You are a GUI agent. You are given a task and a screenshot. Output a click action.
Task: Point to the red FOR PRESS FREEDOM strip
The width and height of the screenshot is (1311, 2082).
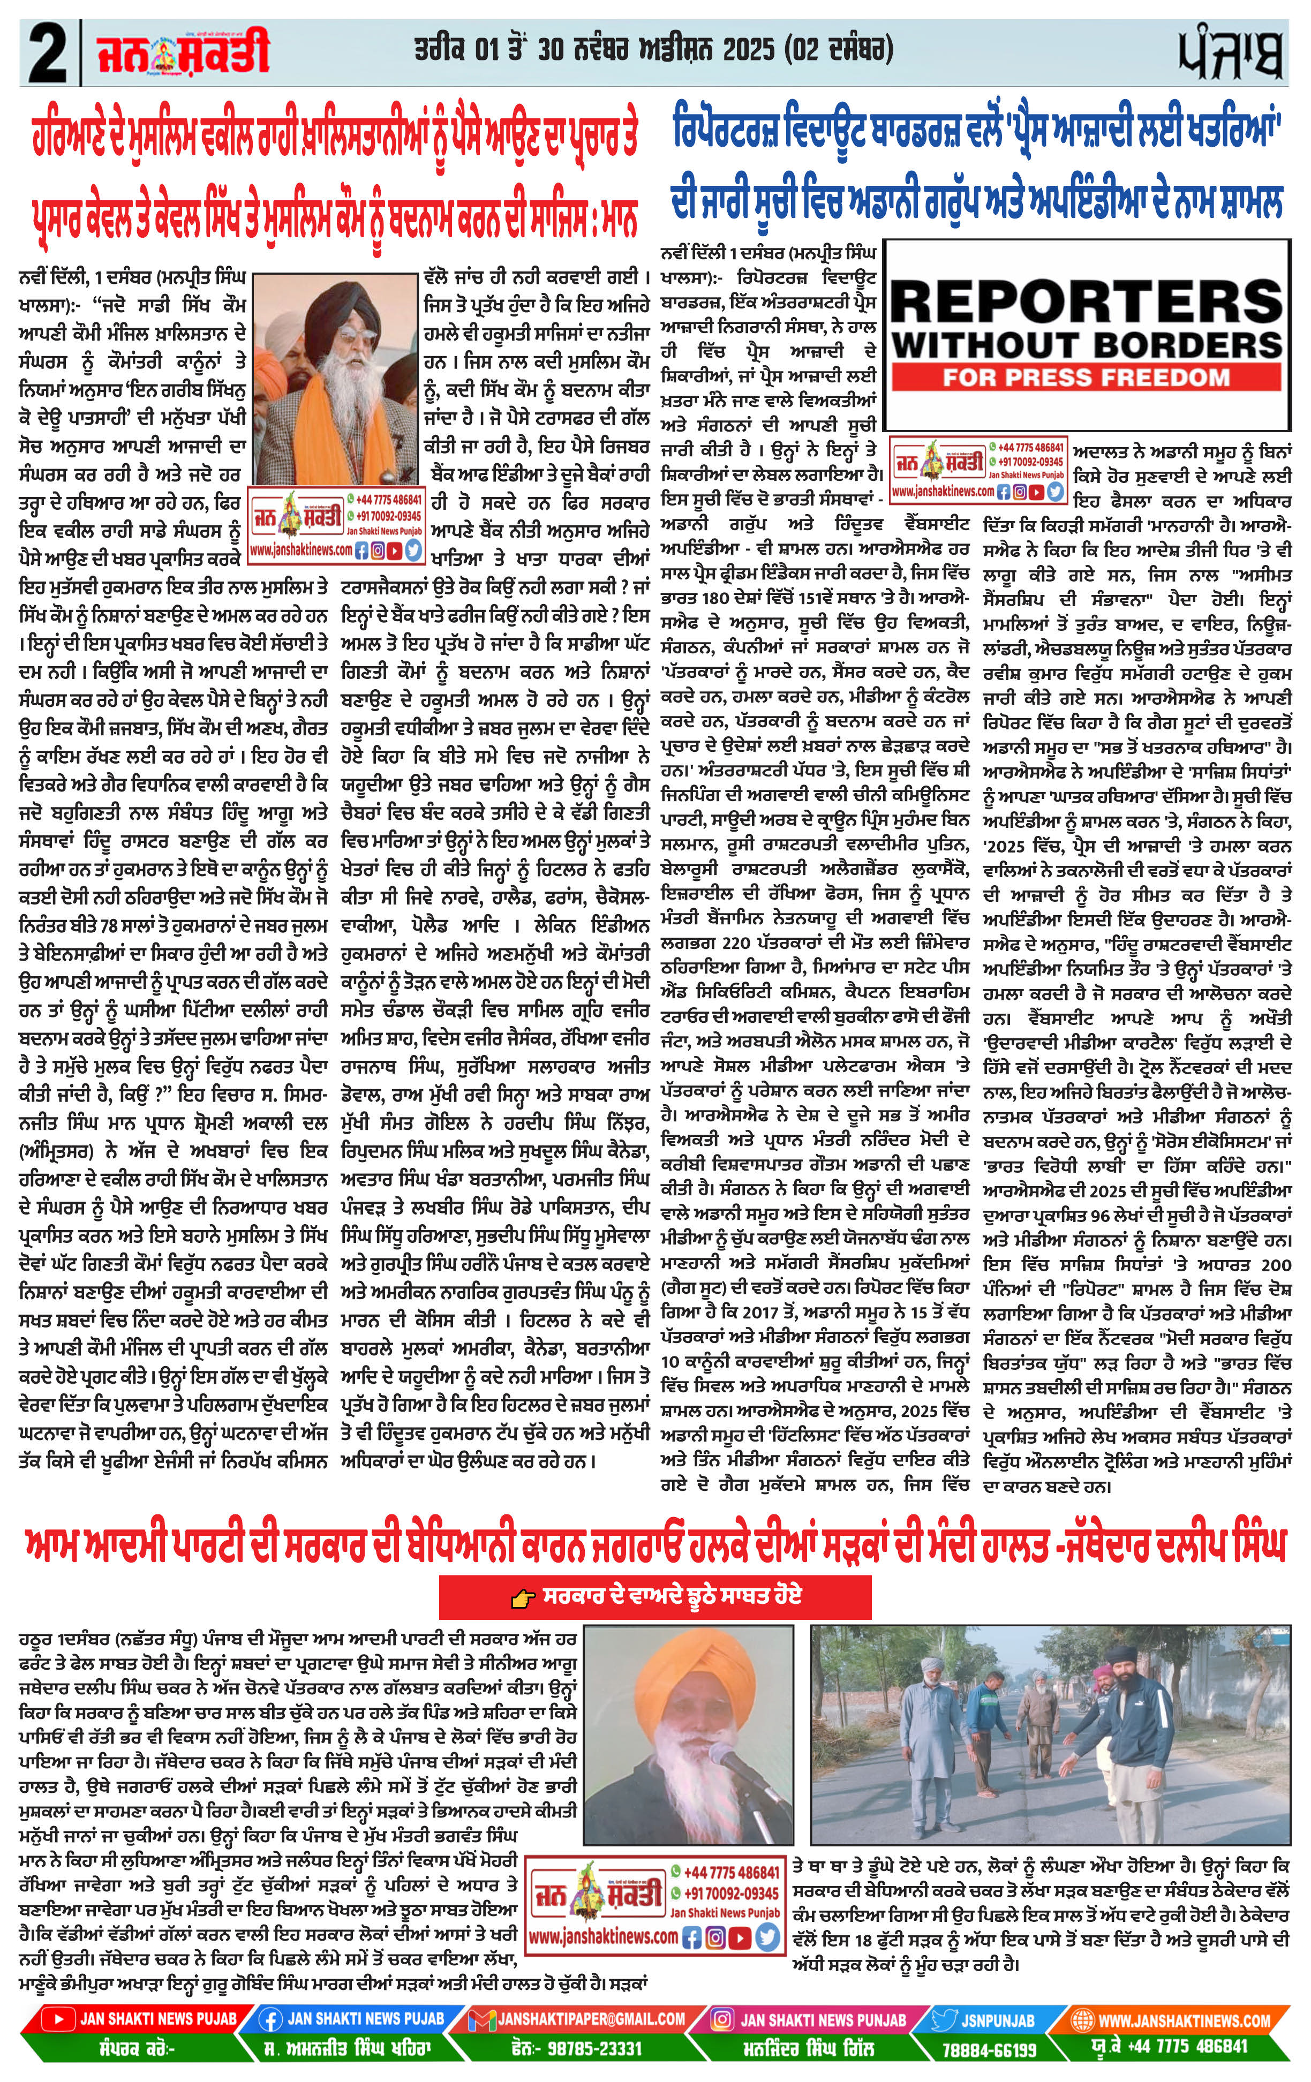(x=1086, y=377)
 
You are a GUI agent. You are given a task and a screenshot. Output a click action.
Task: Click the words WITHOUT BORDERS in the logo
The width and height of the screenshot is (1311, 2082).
(x=1086, y=345)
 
